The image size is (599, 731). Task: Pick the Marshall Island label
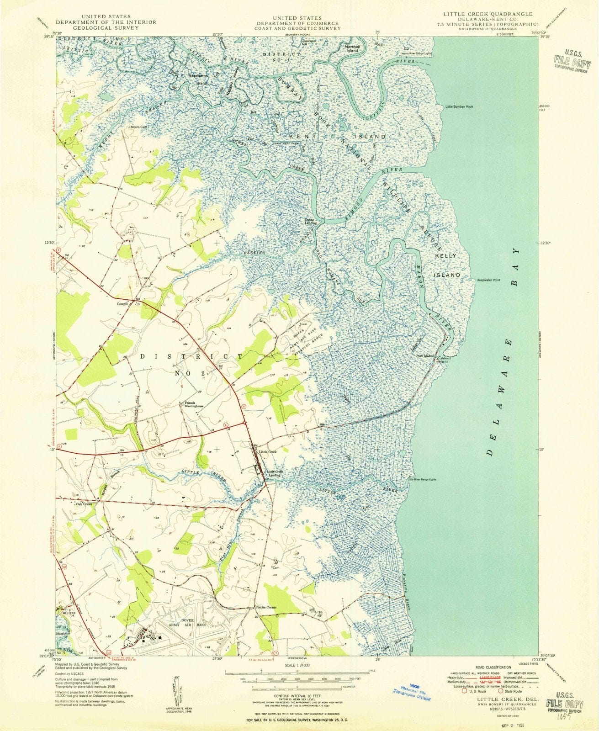(x=352, y=48)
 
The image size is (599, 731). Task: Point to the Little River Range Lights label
(x=422, y=480)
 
